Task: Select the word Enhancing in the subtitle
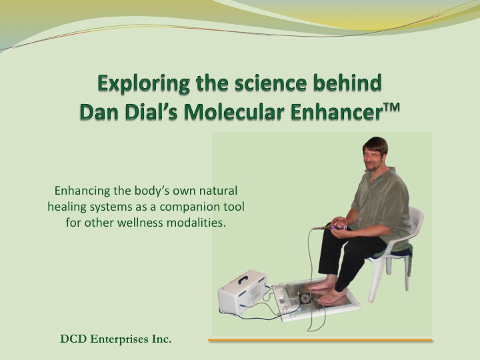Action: click(82, 191)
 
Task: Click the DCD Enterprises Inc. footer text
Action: click(116, 339)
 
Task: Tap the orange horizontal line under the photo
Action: click(320, 340)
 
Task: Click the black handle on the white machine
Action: click(243, 279)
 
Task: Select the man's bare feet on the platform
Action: click(327, 291)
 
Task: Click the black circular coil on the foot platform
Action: click(305, 299)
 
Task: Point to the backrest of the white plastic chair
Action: click(416, 221)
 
